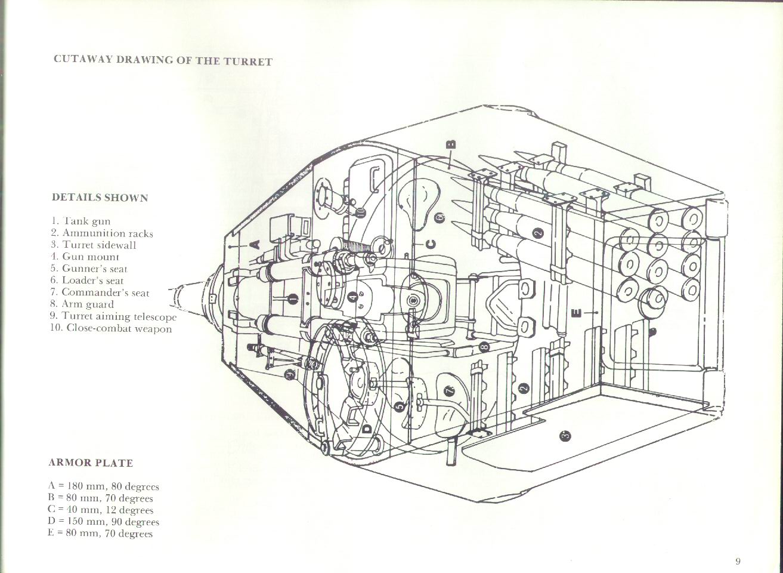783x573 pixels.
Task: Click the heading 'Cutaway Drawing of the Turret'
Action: pos(163,60)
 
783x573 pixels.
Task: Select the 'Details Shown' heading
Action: pos(100,198)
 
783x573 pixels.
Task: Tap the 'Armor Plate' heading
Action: pos(91,463)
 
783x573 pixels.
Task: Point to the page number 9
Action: pos(738,561)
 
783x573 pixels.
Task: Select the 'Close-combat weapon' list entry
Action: pos(112,328)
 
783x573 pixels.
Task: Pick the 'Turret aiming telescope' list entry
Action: pos(113,316)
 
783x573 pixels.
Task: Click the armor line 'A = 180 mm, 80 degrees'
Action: pos(103,486)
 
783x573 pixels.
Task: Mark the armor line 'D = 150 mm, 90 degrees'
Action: pos(103,522)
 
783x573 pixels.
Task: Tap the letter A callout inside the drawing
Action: pos(254,244)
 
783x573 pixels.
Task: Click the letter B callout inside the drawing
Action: pos(451,144)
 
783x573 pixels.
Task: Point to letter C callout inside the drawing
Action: pos(431,244)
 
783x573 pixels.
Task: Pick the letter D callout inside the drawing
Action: pos(366,427)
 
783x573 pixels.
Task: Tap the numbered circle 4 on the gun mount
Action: pos(352,297)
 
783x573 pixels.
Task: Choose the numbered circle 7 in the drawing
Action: pos(448,391)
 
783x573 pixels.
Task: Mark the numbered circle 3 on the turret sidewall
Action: pos(566,436)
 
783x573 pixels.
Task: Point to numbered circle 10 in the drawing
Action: pos(360,211)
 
